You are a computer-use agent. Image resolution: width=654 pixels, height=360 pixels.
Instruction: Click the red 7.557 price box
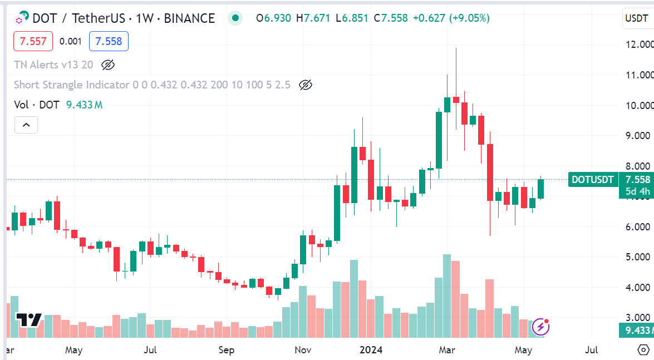point(33,41)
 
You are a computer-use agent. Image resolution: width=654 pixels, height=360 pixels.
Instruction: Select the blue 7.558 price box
point(109,41)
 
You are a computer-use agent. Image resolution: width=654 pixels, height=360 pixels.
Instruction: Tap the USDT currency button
point(636,18)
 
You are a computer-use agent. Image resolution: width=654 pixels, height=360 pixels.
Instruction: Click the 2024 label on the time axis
point(371,350)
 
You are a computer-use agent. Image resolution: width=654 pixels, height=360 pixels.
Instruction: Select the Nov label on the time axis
point(303,350)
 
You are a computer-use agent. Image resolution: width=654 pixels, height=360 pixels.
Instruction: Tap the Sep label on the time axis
point(227,350)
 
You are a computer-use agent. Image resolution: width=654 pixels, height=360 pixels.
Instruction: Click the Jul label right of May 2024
point(592,350)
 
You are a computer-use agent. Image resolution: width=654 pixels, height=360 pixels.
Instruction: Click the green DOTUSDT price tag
point(593,179)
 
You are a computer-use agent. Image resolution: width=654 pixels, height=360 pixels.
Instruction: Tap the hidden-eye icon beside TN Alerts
point(108,65)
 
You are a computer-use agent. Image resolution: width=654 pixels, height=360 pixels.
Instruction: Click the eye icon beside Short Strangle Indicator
point(305,85)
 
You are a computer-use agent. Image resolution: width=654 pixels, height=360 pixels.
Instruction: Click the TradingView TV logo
point(29,320)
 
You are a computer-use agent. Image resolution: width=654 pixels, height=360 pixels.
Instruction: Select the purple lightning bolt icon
point(541,327)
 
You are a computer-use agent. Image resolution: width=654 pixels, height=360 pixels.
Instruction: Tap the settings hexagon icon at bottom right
point(643,350)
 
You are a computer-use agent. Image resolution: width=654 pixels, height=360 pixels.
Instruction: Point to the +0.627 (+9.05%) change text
point(451,18)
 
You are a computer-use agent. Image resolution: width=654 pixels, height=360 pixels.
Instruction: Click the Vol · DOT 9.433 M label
point(58,105)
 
